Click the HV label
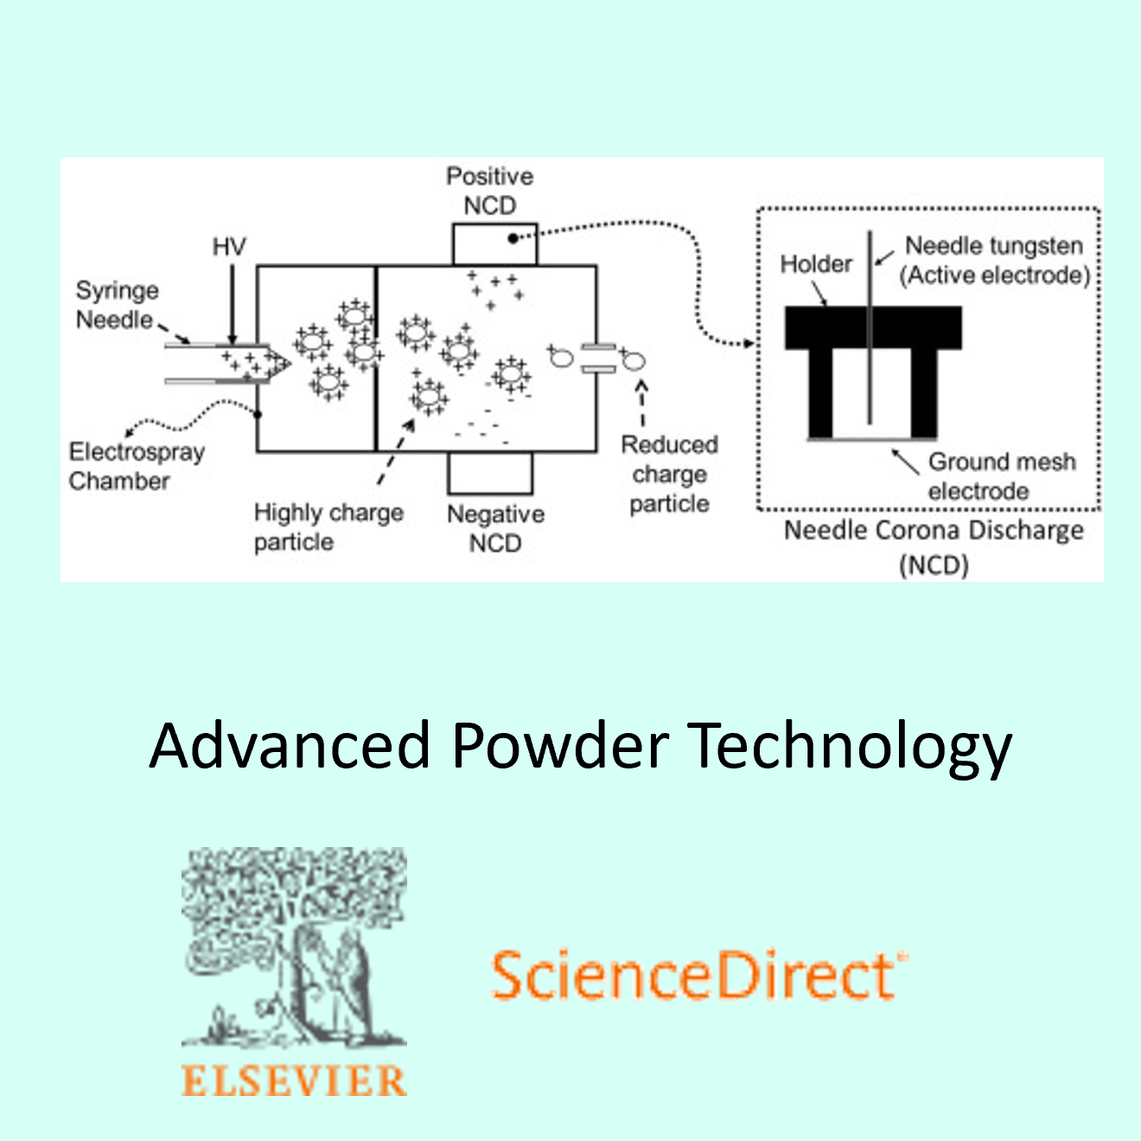click(229, 247)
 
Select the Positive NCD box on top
click(494, 245)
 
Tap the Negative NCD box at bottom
click(490, 473)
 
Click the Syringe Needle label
click(117, 304)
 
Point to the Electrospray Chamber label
click(136, 466)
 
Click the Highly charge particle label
click(328, 526)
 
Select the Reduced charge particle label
click(669, 474)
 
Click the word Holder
click(816, 264)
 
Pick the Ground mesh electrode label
click(1001, 475)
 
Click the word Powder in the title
click(560, 745)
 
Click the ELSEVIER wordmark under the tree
click(294, 1081)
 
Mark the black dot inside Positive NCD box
click(513, 238)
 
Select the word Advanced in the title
click(290, 745)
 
